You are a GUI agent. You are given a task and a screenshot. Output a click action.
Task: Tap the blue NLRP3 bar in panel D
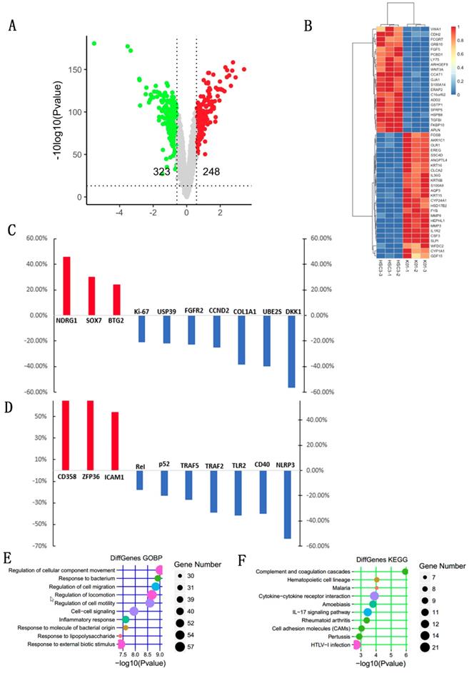click(x=288, y=504)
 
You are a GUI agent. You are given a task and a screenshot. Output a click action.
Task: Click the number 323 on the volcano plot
click(x=162, y=172)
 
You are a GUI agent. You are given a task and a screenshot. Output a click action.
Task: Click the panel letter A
click(x=12, y=27)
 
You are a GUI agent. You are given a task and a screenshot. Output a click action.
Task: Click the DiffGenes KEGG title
click(x=364, y=560)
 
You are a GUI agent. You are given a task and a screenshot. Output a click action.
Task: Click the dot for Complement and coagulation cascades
click(x=405, y=571)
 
